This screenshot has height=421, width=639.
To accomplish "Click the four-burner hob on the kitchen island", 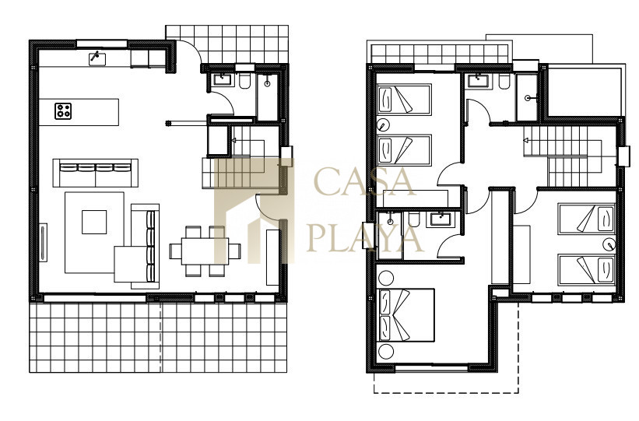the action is pyautogui.click(x=63, y=111).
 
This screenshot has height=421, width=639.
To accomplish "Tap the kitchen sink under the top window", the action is pyautogui.click(x=97, y=59).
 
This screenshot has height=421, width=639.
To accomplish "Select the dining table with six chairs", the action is pyautogui.click(x=205, y=251).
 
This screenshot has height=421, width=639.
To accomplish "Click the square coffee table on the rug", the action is pyautogui.click(x=94, y=222).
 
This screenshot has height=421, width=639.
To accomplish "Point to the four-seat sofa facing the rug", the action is pyautogui.click(x=96, y=173).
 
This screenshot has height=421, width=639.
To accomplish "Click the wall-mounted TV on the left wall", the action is pyautogui.click(x=43, y=243).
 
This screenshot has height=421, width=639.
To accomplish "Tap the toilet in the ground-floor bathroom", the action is pyautogui.click(x=245, y=81).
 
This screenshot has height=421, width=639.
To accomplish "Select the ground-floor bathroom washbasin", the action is pyautogui.click(x=223, y=79).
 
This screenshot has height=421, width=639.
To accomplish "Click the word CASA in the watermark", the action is pyautogui.click(x=365, y=182).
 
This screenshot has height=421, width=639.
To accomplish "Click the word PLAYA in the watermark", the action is pyautogui.click(x=365, y=237).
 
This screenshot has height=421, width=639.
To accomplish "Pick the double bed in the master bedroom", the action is pyautogui.click(x=406, y=315).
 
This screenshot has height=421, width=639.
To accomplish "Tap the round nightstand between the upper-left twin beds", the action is pyautogui.click(x=384, y=125).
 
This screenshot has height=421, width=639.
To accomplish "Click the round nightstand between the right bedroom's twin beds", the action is pyautogui.click(x=609, y=244).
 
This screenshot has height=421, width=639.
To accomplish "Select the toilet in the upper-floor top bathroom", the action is pyautogui.click(x=504, y=82).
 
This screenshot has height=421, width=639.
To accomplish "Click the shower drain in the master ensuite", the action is pyautogui.click(x=390, y=222).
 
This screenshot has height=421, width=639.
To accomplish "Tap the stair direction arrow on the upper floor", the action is pyautogui.click(x=526, y=141).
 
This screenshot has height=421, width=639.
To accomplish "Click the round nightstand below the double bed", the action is pyautogui.click(x=385, y=351).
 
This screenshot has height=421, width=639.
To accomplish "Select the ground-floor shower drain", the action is pyautogui.click(x=267, y=84).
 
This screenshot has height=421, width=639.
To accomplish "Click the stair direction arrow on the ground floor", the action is pyautogui.click(x=234, y=141).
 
